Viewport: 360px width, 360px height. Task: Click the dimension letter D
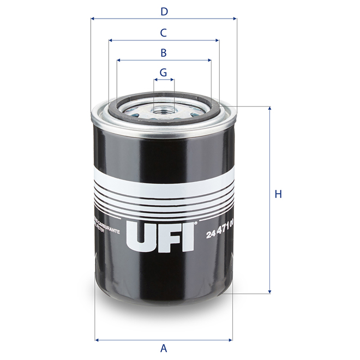point(163,10)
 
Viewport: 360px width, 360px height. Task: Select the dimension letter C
point(163,33)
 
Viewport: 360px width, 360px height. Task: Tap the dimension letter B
point(163,53)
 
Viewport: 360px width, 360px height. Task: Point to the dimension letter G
point(163,72)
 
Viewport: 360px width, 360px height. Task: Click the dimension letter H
point(278,194)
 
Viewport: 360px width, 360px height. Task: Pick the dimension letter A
point(163,347)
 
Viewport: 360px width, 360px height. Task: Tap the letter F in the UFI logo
point(166,235)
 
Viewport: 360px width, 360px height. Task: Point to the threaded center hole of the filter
point(164,110)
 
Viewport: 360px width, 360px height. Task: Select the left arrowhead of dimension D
point(92,19)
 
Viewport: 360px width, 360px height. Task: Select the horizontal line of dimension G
point(164,80)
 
